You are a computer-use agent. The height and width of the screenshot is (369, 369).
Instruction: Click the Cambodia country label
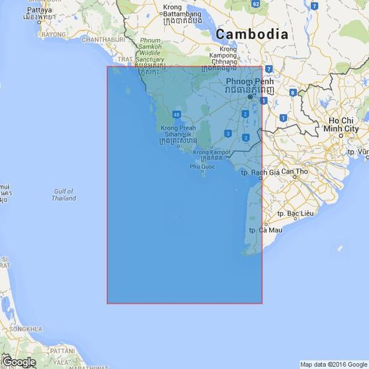(x=251, y=34)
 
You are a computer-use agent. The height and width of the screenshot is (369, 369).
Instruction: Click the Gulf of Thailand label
(x=63, y=195)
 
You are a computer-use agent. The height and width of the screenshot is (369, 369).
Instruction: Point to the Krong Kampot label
(x=211, y=152)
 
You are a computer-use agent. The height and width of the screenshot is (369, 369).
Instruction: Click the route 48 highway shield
(x=176, y=114)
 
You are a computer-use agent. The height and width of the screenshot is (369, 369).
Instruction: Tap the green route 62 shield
(x=255, y=4)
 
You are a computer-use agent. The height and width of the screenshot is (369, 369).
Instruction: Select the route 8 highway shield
(x=293, y=92)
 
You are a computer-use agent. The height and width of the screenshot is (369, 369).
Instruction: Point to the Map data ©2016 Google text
(x=333, y=364)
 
